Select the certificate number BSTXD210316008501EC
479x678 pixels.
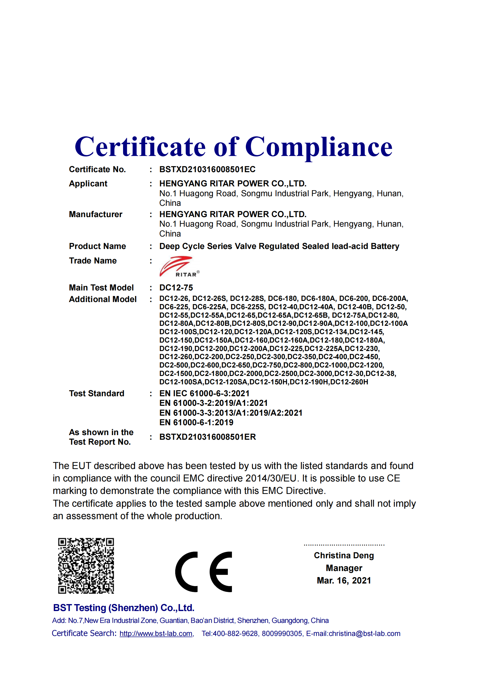tap(207, 169)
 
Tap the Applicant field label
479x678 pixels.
tap(88, 183)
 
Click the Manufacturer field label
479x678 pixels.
tap(96, 214)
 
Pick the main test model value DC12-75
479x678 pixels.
tap(176, 288)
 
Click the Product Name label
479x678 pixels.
tap(97, 246)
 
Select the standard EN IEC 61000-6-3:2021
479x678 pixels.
tap(204, 393)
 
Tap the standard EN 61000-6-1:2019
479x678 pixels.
tap(196, 422)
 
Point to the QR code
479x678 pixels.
tap(86, 566)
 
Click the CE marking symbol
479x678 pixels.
tap(204, 572)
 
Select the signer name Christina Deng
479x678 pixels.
tap(344, 555)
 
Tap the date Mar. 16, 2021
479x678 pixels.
tap(344, 581)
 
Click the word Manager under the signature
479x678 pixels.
tap(344, 568)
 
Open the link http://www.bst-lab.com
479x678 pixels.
tap(156, 634)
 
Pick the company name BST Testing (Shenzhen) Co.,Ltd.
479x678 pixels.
tap(124, 608)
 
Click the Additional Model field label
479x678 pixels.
tap(103, 299)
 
